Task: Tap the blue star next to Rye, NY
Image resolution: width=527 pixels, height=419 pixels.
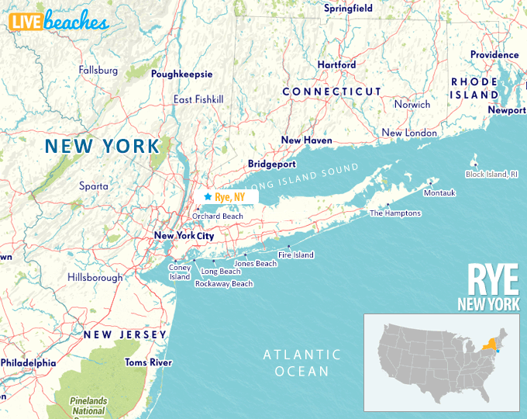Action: click(x=208, y=197)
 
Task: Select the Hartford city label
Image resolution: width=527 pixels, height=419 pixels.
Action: click(x=336, y=65)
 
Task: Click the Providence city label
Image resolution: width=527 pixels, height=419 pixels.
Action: click(x=494, y=55)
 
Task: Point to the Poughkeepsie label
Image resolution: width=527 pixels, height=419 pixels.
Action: click(x=181, y=74)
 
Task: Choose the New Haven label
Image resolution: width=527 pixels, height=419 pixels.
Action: click(x=306, y=140)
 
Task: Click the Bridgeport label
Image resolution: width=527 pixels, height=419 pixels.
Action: click(x=272, y=164)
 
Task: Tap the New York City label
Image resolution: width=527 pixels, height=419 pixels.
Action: click(x=184, y=236)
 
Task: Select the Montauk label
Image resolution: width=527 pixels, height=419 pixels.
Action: click(x=439, y=192)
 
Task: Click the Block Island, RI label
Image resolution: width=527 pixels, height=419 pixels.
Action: click(x=491, y=175)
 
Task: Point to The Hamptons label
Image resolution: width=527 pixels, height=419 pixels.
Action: click(x=395, y=213)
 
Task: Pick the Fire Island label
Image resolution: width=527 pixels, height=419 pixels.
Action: click(x=296, y=255)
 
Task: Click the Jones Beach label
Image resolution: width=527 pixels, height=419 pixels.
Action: click(x=255, y=264)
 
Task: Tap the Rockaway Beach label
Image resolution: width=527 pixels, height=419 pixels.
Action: click(x=224, y=284)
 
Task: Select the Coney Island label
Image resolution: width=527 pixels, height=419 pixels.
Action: click(x=179, y=272)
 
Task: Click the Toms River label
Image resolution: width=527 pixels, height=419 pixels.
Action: click(x=148, y=362)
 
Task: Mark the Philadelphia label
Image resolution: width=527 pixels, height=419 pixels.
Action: click(x=28, y=362)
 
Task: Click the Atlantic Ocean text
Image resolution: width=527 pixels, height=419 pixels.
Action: click(x=301, y=362)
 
